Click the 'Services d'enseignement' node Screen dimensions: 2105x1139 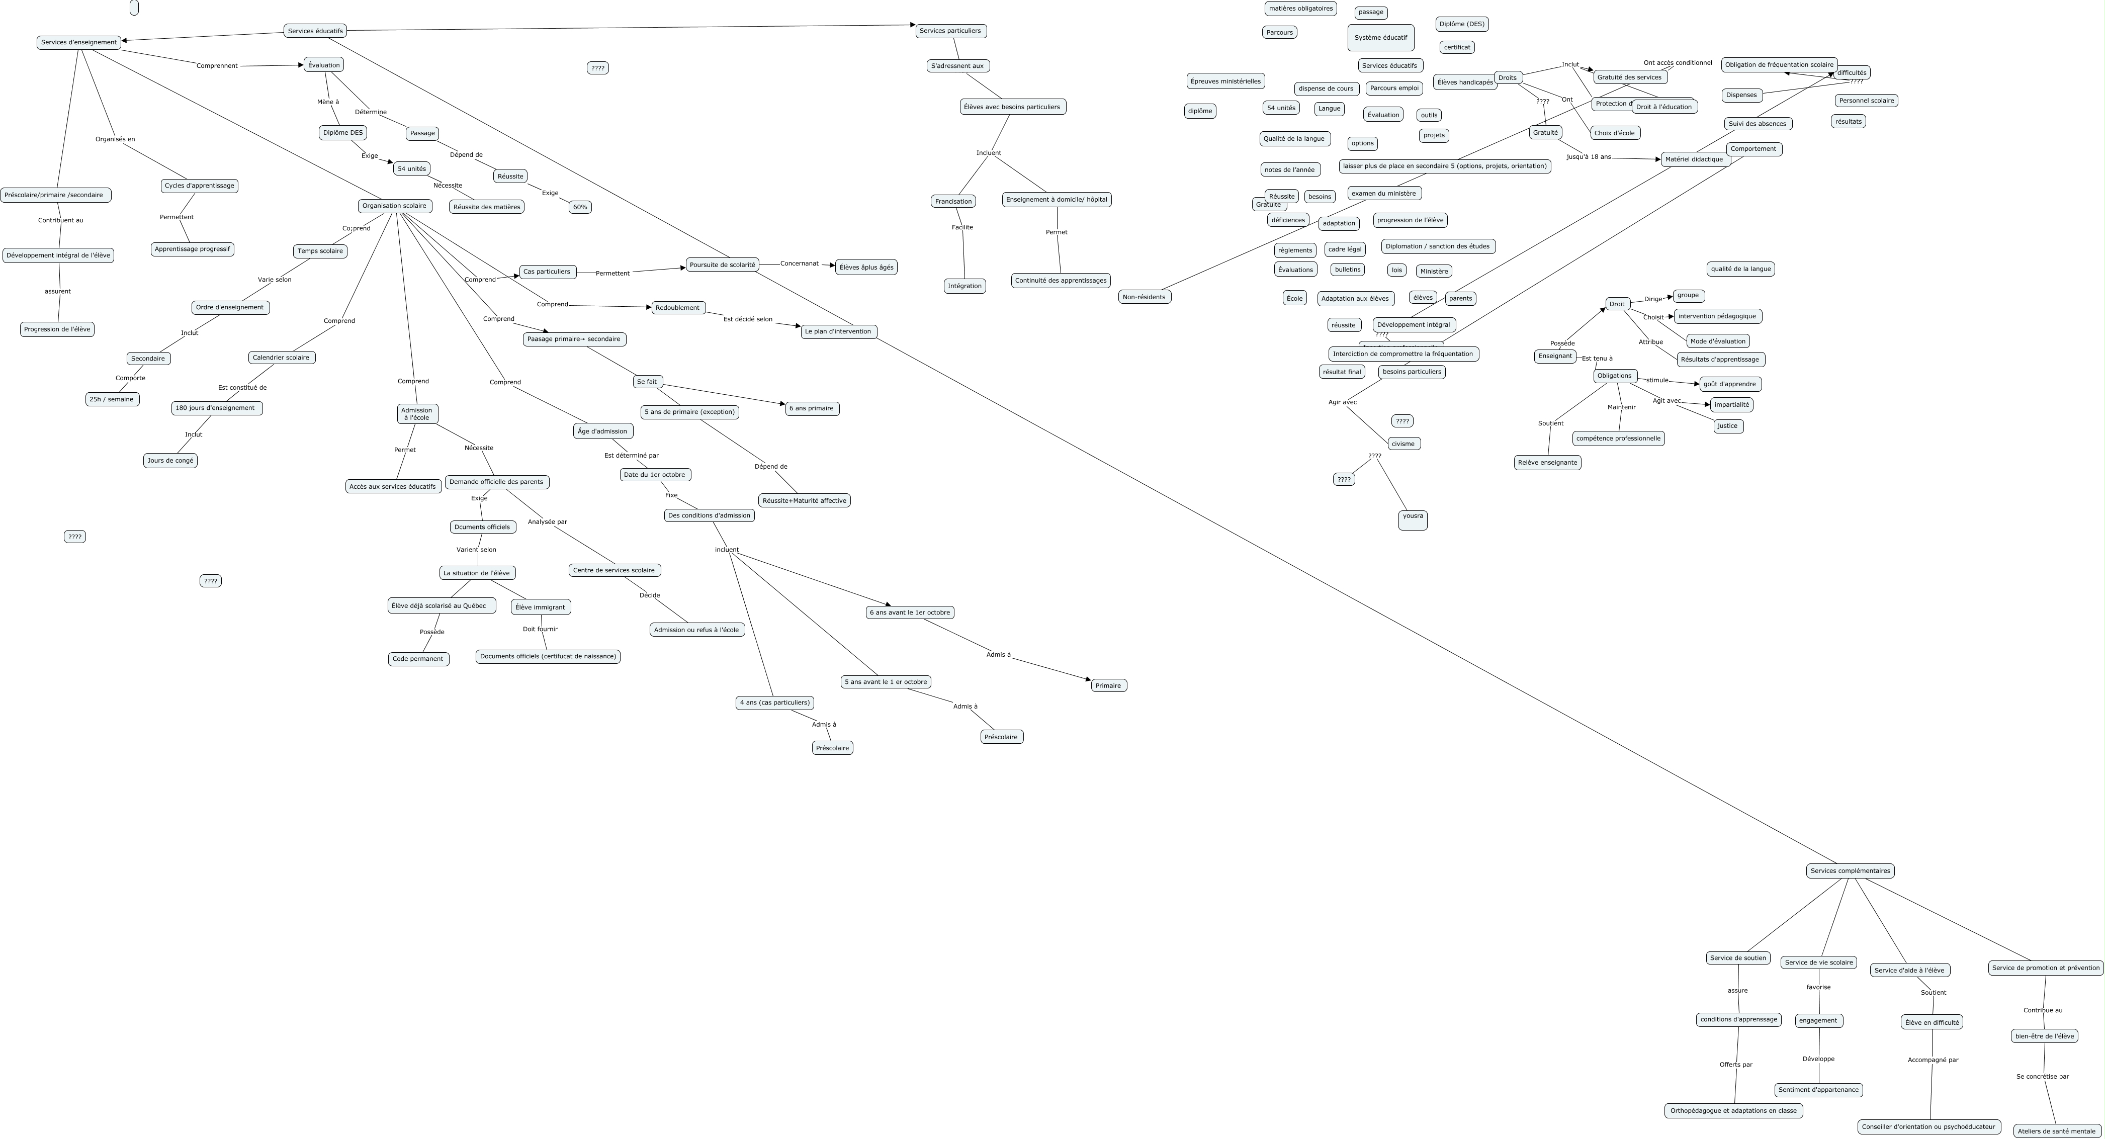point(78,42)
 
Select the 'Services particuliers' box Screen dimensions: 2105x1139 point(950,31)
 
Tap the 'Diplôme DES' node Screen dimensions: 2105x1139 point(342,132)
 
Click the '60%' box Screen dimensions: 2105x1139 point(579,207)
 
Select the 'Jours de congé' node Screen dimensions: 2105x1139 point(170,461)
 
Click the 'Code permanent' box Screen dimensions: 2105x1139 point(417,659)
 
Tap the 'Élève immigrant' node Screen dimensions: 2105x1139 point(540,607)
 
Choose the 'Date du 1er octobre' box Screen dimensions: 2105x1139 point(655,475)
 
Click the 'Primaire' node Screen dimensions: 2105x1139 point(1108,685)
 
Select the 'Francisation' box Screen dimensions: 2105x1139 point(953,201)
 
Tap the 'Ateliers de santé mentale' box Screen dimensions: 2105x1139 point(2056,1131)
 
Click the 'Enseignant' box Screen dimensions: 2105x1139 point(1555,356)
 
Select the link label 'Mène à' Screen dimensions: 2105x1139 point(328,102)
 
